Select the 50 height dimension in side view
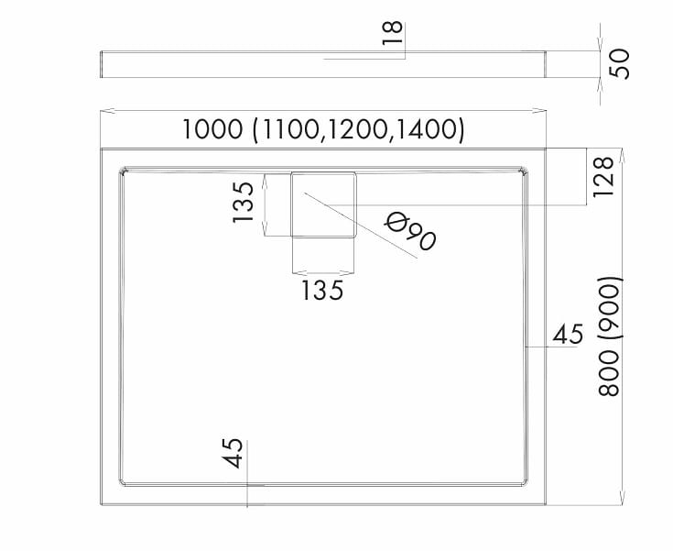coord(621,64)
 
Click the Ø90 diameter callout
coord(410,231)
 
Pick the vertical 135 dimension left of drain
coord(244,203)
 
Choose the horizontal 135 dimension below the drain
coord(322,291)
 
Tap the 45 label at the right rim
coord(568,335)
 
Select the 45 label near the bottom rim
coord(233,454)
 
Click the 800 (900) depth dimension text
coord(610,336)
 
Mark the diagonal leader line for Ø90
coord(366,229)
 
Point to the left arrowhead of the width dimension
coord(103,112)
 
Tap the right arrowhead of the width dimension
coord(542,112)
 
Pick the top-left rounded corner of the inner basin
coord(125,171)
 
